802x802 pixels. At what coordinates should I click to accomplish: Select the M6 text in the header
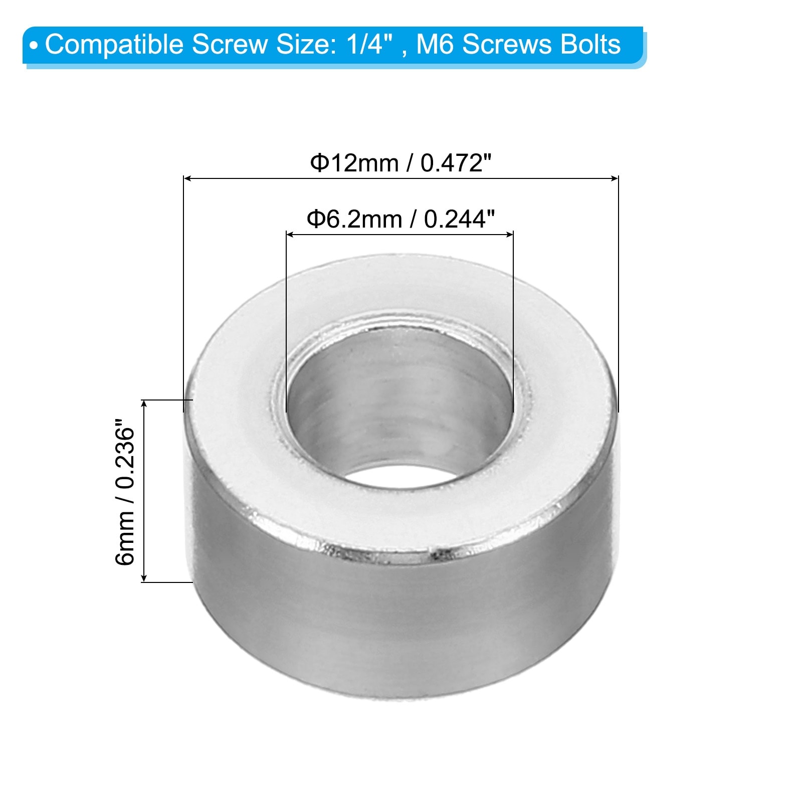click(436, 44)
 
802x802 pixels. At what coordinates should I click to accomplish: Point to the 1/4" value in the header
click(368, 44)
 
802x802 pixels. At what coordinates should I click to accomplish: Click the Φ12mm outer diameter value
click(354, 163)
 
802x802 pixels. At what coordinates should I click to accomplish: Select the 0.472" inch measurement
click(456, 163)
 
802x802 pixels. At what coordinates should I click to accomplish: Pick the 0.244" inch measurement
click(459, 220)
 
